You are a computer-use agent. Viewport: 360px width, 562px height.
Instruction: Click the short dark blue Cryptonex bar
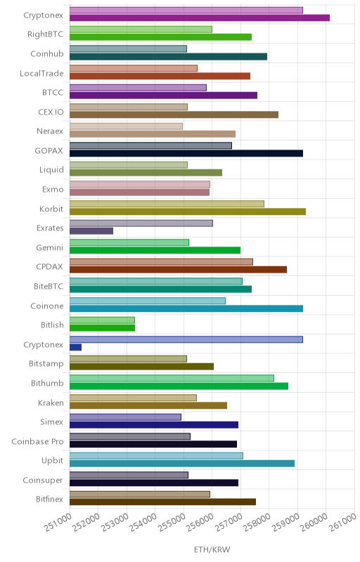pos(75,347)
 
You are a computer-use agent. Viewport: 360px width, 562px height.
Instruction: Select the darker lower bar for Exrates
pos(91,231)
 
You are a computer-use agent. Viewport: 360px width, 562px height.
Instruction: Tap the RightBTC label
pos(45,34)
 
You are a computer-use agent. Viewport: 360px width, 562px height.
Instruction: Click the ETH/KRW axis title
pos(212,549)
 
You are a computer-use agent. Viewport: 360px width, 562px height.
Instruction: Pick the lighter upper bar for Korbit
pos(167,204)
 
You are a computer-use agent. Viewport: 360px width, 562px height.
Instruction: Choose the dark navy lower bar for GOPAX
pos(186,153)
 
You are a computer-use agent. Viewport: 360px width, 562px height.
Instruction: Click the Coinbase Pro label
pos(37,442)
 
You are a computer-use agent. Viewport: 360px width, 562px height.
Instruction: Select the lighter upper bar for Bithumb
pos(172,378)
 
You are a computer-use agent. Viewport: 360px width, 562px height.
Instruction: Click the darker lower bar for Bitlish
pos(102,327)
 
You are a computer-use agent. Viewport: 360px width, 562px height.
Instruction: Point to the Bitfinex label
pos(49,499)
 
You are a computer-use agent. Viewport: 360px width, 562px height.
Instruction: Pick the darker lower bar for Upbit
pos(182,464)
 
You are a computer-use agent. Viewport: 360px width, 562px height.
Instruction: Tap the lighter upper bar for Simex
pos(125,417)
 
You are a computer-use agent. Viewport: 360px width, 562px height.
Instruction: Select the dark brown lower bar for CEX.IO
pos(174,115)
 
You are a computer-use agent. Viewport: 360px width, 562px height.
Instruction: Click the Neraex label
pos(50,131)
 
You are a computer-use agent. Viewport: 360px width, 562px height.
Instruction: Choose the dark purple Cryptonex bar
pos(200,18)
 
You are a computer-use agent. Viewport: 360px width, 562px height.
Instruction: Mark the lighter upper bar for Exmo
pos(139,184)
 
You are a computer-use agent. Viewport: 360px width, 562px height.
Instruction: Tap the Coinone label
pos(47,306)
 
